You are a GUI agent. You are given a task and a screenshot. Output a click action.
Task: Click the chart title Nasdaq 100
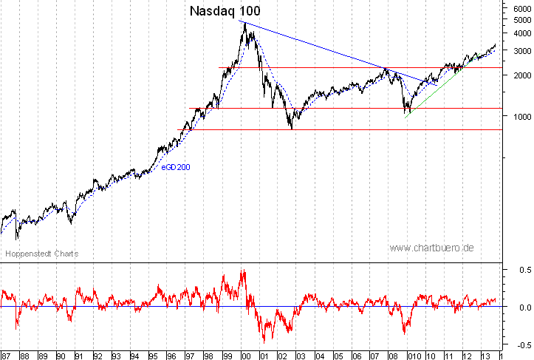click(225, 11)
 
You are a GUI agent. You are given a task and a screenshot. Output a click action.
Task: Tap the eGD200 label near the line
click(176, 168)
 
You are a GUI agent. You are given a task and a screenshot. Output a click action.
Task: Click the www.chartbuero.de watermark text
click(432, 248)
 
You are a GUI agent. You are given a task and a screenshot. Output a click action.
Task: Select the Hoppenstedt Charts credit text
click(42, 254)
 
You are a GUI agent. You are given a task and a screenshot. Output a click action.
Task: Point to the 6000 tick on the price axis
click(520, 7)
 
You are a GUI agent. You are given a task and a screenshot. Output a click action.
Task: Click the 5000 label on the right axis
click(520, 19)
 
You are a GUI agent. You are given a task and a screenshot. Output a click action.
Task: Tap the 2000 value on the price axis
click(520, 75)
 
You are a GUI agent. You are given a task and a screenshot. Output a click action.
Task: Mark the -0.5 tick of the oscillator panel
click(521, 344)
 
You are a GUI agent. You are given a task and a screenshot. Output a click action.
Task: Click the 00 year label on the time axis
click(245, 356)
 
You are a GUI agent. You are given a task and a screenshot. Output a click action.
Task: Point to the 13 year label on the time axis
click(484, 356)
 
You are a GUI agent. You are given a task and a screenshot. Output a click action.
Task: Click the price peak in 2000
click(244, 23)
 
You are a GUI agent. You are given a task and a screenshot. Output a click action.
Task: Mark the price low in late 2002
click(292, 129)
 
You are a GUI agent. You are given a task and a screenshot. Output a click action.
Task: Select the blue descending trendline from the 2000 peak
click(332, 52)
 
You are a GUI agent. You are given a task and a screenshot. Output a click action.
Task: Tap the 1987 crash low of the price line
click(17, 237)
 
